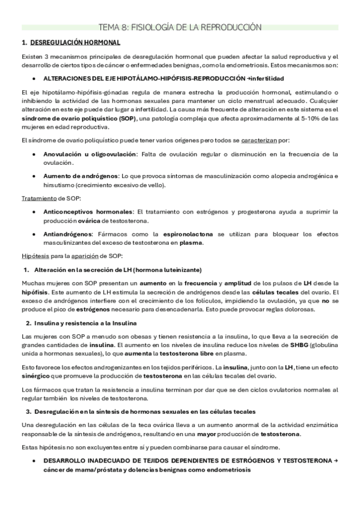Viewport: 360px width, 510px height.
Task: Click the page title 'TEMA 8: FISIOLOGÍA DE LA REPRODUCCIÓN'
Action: pos(180,27)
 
